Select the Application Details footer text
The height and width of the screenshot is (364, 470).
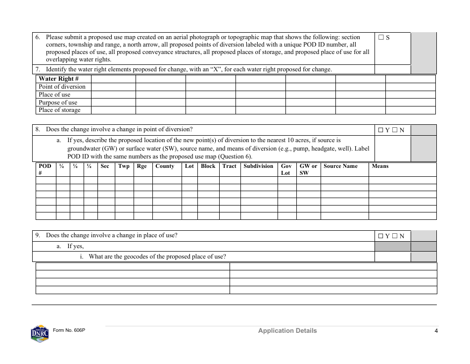pyautogui.click(x=287, y=331)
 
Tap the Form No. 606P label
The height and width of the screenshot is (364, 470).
pyautogui.click(x=73, y=330)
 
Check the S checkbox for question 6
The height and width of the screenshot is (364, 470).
pyautogui.click(x=381, y=38)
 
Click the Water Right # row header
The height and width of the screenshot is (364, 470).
pyautogui.click(x=58, y=79)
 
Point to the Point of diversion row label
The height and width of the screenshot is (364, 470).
pyautogui.click(x=62, y=87)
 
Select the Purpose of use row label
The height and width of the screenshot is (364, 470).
pyautogui.click(x=58, y=103)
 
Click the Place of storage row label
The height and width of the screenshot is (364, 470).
pyautogui.click(x=59, y=110)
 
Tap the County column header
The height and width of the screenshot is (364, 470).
pyautogui.click(x=165, y=166)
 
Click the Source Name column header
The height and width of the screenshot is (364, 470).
pyautogui.click(x=340, y=166)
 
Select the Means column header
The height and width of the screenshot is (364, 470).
pyautogui.click(x=380, y=166)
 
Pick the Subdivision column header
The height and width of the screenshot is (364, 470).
pyautogui.click(x=258, y=166)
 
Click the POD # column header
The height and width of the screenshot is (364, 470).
pyautogui.click(x=45, y=169)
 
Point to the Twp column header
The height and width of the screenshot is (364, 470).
pyautogui.click(x=124, y=166)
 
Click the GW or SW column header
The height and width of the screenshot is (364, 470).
pyautogui.click(x=308, y=169)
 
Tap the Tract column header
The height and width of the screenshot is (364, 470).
pyautogui.click(x=229, y=166)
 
